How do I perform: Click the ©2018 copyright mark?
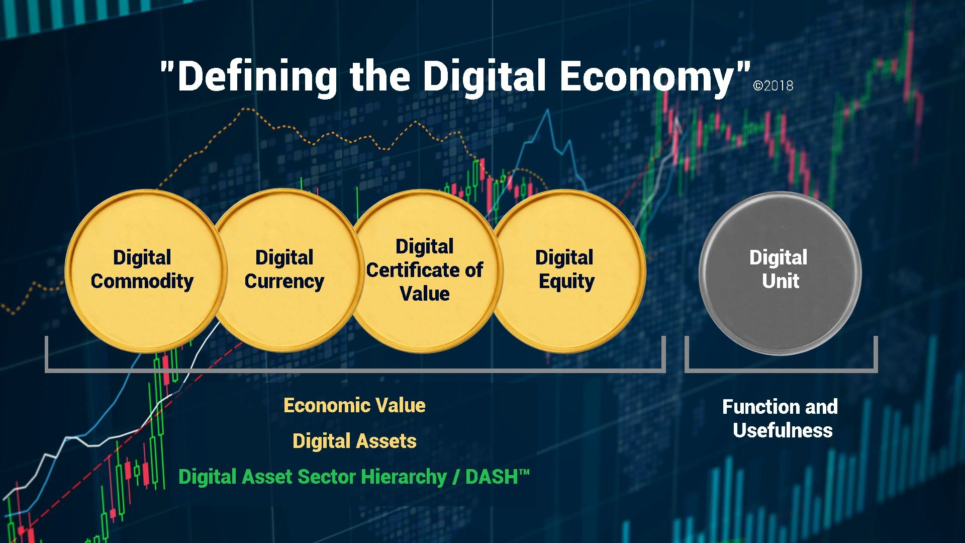pyautogui.click(x=773, y=86)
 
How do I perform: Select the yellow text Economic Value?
pyautogui.click(x=354, y=405)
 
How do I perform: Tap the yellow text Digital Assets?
pyautogui.click(x=354, y=441)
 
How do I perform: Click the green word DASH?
pyautogui.click(x=492, y=477)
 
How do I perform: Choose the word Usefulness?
pyautogui.click(x=783, y=430)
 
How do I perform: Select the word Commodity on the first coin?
pyautogui.click(x=142, y=281)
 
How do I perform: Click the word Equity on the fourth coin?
pyautogui.click(x=566, y=282)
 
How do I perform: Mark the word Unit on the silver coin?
pyautogui.click(x=781, y=281)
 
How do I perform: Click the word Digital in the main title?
pyautogui.click(x=484, y=76)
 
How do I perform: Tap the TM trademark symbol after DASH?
pyautogui.click(x=524, y=472)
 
